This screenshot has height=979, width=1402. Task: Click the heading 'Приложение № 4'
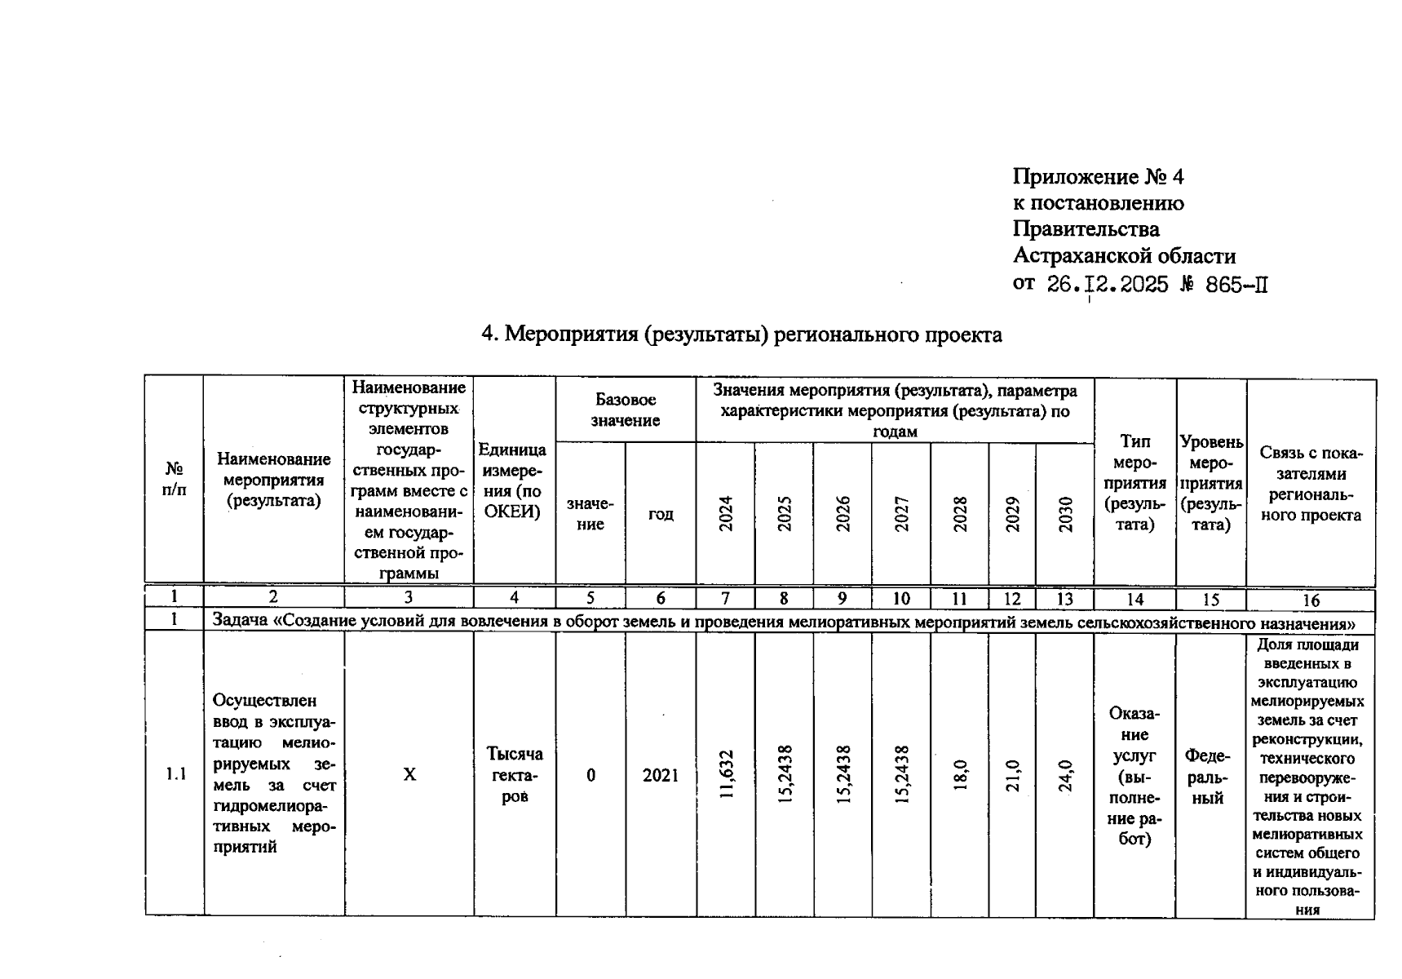1097,177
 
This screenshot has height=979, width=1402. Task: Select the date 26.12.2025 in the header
1107,285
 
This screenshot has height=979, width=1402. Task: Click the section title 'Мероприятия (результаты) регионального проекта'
741,334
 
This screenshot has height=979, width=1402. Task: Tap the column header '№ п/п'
174,479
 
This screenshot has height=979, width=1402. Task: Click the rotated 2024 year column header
725,513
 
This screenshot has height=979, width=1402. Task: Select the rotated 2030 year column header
1064,514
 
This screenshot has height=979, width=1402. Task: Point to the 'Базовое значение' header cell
625,410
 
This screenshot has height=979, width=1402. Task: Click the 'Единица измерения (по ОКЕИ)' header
514,481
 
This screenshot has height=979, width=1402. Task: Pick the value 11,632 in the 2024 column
726,773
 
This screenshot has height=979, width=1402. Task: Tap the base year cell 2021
660,775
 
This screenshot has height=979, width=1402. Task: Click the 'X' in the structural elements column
409,774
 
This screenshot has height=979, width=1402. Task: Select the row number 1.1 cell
175,774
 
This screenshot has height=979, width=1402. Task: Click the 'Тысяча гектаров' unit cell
514,774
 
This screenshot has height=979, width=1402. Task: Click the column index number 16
1310,600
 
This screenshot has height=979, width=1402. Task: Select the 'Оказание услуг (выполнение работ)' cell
1134,776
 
